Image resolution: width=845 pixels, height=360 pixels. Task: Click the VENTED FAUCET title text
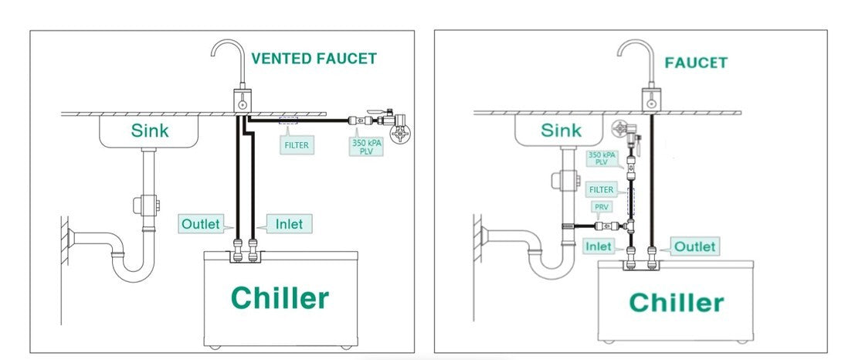coord(314,59)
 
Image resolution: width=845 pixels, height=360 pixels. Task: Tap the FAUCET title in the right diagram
coord(695,63)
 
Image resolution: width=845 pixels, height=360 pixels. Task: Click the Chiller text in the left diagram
coord(280,297)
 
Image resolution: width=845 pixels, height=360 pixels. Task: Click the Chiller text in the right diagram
coord(677,302)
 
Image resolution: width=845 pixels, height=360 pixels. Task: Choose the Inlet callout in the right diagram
coord(599,246)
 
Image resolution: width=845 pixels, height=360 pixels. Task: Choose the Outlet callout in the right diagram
coord(693,246)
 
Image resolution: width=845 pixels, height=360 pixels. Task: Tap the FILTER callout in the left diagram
coord(295,144)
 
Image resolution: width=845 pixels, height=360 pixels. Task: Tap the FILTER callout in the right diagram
coord(601,188)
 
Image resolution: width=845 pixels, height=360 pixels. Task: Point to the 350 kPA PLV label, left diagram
coord(366,144)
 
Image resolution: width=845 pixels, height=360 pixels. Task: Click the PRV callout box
coord(600,207)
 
